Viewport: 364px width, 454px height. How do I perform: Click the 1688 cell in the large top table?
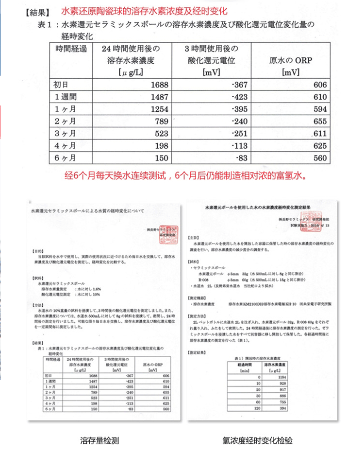[x=160, y=85]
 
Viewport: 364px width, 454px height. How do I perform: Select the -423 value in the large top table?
[x=240, y=96]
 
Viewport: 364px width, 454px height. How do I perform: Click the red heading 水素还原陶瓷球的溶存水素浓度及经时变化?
[x=145, y=11]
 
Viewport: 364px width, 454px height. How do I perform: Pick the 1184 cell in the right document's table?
[x=280, y=377]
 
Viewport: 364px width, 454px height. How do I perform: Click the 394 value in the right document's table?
[x=280, y=409]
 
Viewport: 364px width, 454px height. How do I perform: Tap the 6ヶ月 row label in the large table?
[x=64, y=157]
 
